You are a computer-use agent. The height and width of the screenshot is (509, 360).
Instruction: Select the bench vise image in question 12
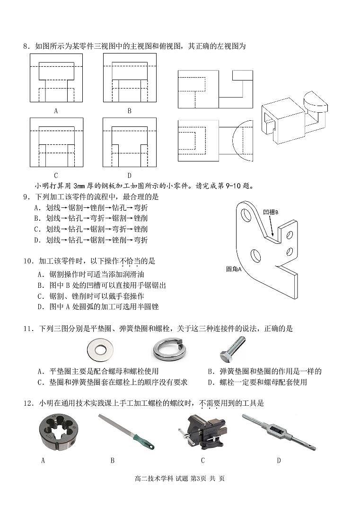pyautogui.click(x=202, y=432)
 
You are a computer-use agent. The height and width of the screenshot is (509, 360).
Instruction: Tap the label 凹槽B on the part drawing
pyautogui.click(x=270, y=212)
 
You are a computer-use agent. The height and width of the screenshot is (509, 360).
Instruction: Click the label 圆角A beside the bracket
pyautogui.click(x=234, y=269)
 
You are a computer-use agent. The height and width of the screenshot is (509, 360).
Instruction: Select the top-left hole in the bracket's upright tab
pyautogui.click(x=246, y=214)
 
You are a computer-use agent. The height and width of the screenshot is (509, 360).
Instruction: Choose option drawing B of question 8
pyautogui.click(x=130, y=78)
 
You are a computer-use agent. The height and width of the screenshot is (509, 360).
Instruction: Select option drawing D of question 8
pyautogui.click(x=130, y=142)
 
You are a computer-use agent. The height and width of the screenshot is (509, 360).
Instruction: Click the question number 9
pyautogui.click(x=26, y=196)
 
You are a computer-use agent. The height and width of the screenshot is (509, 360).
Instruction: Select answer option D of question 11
pyautogui.click(x=257, y=382)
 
